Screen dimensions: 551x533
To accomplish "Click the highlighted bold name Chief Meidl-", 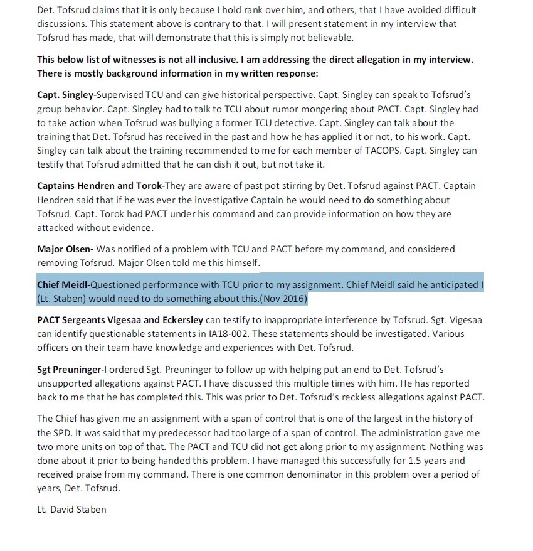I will tap(63, 284).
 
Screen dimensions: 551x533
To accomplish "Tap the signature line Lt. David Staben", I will tap(71, 509).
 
